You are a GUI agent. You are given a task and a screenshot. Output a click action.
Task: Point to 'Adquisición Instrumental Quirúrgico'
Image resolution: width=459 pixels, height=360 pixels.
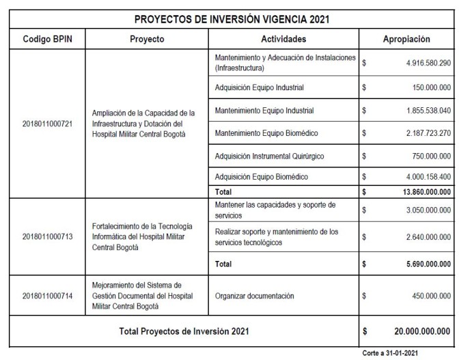(279, 155)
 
